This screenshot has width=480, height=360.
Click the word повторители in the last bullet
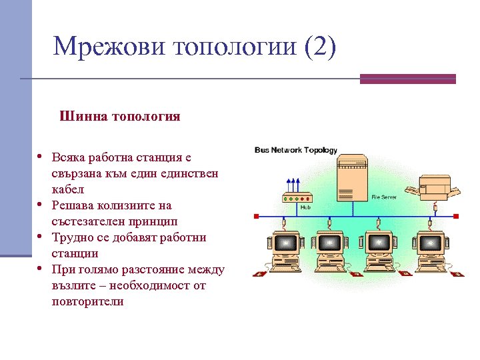[x=87, y=301]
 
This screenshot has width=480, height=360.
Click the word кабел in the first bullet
[x=67, y=189]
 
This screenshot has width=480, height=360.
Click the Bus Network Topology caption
[x=296, y=151]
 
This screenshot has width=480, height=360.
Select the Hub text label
[x=305, y=207]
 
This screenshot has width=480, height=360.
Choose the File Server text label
[x=384, y=197]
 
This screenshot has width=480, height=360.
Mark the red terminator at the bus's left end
[x=256, y=216]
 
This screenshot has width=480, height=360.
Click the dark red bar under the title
[x=407, y=79]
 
